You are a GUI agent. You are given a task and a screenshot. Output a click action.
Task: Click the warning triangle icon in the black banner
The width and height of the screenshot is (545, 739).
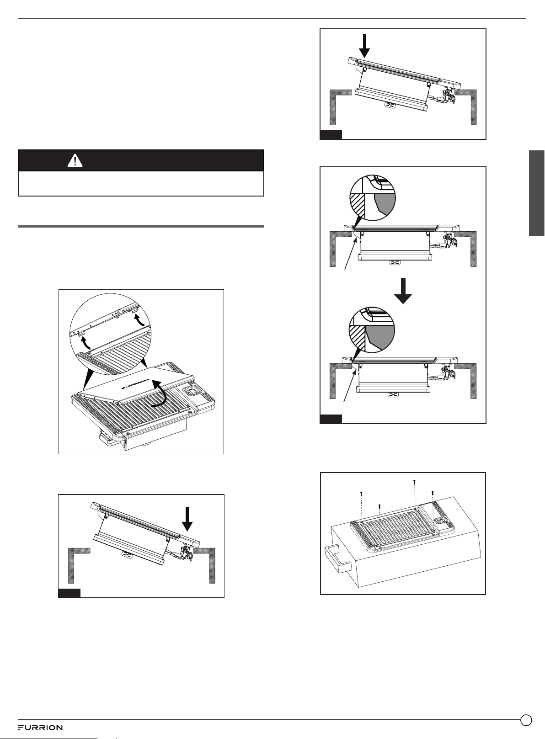tap(75, 161)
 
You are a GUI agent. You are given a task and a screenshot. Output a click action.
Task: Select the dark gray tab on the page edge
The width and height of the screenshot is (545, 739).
tap(537, 193)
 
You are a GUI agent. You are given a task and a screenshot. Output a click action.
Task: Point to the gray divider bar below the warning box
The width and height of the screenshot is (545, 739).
tap(141, 226)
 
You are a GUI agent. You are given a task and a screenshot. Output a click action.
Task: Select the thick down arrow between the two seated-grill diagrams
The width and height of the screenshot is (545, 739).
tap(403, 290)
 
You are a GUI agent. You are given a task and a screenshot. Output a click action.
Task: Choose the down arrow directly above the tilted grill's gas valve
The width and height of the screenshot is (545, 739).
tap(187, 519)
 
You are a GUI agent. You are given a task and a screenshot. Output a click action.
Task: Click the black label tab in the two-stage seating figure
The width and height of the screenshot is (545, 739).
tap(331, 419)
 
